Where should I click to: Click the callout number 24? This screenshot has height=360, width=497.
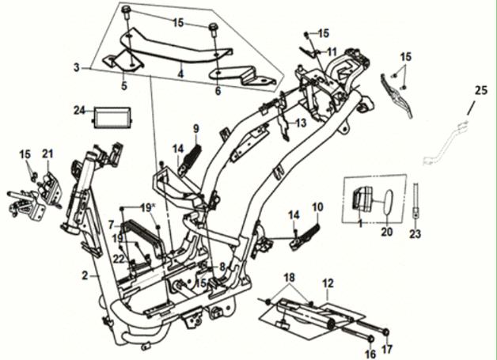78,109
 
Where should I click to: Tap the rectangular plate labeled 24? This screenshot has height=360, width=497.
112,117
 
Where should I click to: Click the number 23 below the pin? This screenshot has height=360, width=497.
415,234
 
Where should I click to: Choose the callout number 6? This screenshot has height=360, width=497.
218,91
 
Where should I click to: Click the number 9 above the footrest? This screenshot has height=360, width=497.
195,128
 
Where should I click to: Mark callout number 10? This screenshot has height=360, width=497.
317,207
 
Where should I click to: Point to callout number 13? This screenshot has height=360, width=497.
300,123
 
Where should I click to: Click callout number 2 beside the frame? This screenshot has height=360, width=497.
85,275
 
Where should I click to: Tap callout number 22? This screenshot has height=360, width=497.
118,259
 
